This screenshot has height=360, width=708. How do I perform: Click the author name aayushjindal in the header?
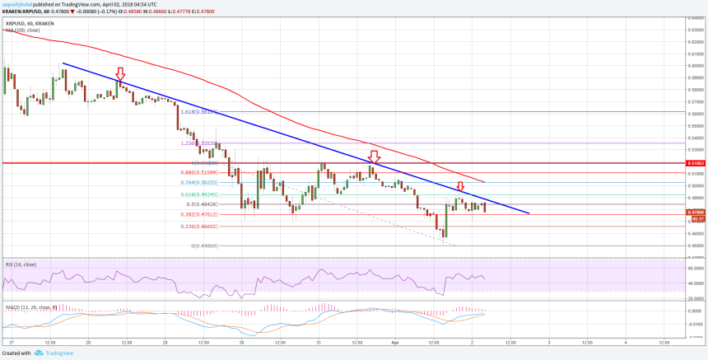(19, 3)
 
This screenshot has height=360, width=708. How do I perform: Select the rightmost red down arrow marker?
(460, 186)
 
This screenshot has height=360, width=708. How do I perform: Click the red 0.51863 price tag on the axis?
(696, 163)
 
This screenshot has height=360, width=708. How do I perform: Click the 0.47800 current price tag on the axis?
(696, 212)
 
